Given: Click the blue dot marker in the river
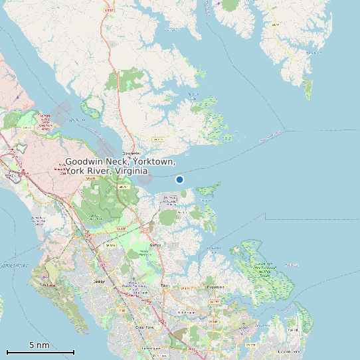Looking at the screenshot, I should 179,179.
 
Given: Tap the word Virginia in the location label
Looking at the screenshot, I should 131,171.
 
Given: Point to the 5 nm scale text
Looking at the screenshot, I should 39,345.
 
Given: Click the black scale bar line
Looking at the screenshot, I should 40,352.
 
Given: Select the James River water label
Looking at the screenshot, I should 13,265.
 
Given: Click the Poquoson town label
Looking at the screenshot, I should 214,287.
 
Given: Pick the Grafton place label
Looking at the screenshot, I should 156,244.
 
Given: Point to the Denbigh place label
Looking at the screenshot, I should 100,282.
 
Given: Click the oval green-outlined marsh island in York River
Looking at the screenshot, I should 91,105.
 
